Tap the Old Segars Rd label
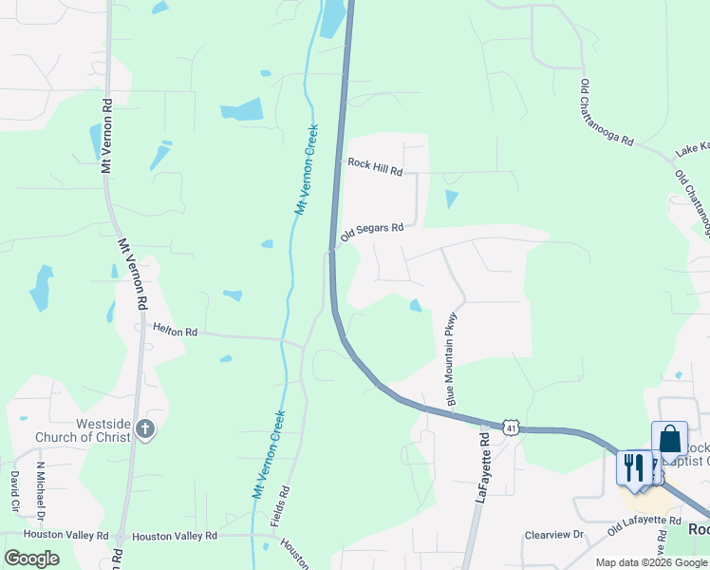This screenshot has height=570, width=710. pyautogui.click(x=373, y=229)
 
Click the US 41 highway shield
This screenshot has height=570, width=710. pyautogui.click(x=512, y=428)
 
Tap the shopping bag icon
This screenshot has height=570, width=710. pyautogui.click(x=669, y=440)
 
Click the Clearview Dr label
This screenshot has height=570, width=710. pyautogui.click(x=554, y=535)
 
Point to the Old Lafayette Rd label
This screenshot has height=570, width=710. pyautogui.click(x=645, y=522)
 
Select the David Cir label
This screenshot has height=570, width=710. pyautogui.click(x=15, y=490)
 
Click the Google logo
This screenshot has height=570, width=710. pyautogui.click(x=31, y=558)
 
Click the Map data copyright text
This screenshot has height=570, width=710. pyautogui.click(x=650, y=562)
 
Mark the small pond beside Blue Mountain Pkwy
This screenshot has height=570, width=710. pyautogui.click(x=416, y=305)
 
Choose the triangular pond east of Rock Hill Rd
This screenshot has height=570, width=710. pyautogui.click(x=451, y=198)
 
